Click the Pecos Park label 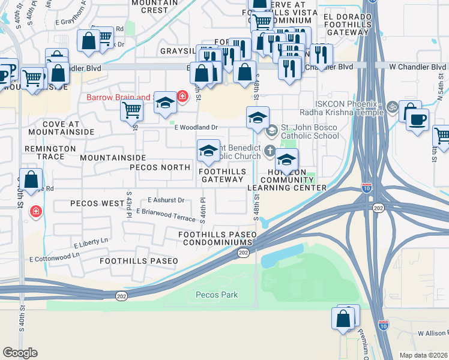tap(217, 295)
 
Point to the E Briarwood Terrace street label tap(166, 214)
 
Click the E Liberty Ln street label tap(91, 243)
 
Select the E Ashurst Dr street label tap(165, 200)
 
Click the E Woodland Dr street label tap(196, 127)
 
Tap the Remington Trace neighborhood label tap(50, 152)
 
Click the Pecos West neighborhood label tap(97, 203)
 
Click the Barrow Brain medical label tap(118, 97)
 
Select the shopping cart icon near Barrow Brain tap(131, 109)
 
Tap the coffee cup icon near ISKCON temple tap(417, 118)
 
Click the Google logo tap(20, 353)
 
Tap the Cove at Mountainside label tap(61, 127)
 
